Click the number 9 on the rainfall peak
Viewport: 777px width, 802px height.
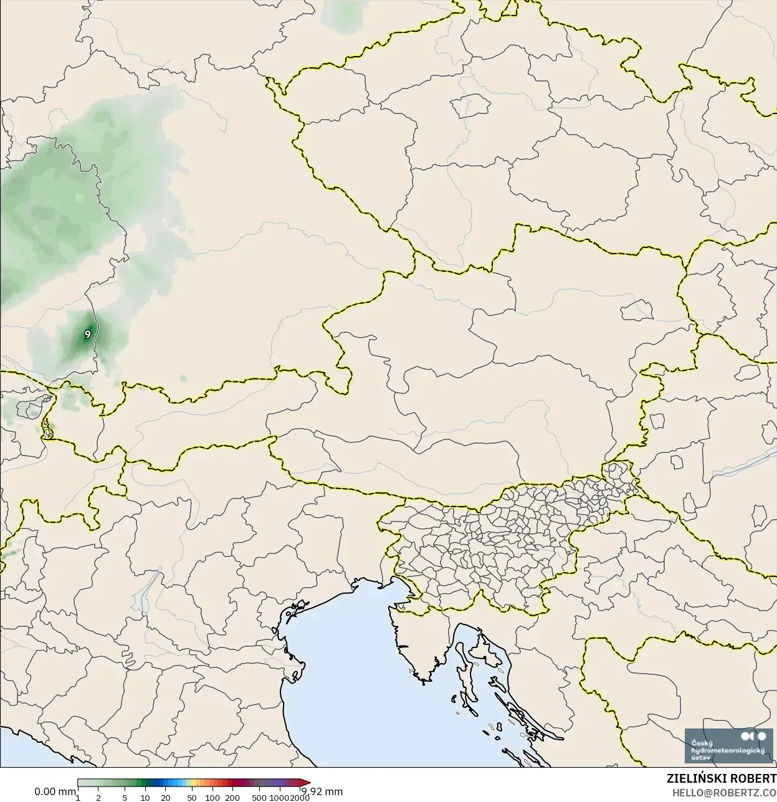[88, 335]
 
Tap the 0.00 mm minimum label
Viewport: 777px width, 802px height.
[55, 792]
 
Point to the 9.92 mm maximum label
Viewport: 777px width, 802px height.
[322, 792]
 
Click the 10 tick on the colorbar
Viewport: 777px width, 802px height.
[145, 798]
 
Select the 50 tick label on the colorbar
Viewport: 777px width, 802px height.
[191, 798]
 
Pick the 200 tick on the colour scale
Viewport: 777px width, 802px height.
[232, 798]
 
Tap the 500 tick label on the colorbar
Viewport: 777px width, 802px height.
[259, 798]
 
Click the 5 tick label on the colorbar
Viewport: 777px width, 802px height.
[125, 798]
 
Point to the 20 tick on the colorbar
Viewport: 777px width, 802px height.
[165, 798]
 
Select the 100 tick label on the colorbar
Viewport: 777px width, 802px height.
[212, 798]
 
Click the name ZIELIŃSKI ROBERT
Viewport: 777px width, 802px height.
[721, 779]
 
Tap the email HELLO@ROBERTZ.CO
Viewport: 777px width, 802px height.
[723, 793]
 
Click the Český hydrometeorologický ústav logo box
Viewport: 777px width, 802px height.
[727, 745]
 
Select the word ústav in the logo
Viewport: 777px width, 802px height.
[701, 758]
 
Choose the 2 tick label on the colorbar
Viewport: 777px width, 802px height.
[98, 798]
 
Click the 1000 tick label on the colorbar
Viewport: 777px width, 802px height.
[279, 798]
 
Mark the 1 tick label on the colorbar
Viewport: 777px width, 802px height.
[78, 798]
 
